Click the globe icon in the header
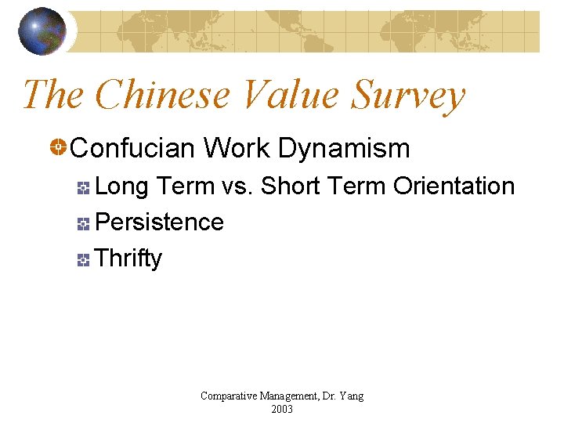(x=42, y=31)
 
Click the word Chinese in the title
(x=162, y=95)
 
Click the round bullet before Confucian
(x=58, y=147)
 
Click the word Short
(x=291, y=186)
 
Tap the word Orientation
(x=454, y=186)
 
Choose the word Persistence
(x=159, y=222)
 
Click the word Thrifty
(x=128, y=258)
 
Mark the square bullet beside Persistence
(x=84, y=223)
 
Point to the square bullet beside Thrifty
(x=84, y=259)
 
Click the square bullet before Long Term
(x=84, y=187)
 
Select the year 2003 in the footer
(x=282, y=409)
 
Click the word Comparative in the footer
(x=228, y=396)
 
